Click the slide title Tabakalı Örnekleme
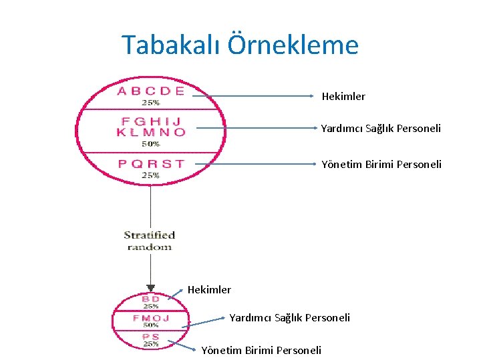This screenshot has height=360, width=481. click(x=240, y=45)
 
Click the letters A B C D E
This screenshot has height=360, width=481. click(x=151, y=91)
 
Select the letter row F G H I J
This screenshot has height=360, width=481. click(x=151, y=122)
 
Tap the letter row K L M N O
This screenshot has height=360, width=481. click(x=151, y=132)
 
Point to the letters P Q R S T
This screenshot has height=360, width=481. click(x=151, y=164)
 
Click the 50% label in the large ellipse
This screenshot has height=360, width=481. click(x=150, y=143)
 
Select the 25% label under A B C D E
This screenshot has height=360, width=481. click(x=150, y=103)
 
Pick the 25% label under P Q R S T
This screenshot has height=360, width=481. click(x=150, y=175)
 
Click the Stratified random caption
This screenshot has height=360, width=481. click(x=150, y=240)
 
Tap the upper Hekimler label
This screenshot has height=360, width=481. click(x=343, y=97)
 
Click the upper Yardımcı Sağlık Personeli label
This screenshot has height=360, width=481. click(x=381, y=129)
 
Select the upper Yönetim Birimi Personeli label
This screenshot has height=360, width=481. click(x=381, y=164)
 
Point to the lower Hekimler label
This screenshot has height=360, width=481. click(x=209, y=289)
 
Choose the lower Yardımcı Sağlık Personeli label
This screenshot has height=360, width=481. click(x=289, y=318)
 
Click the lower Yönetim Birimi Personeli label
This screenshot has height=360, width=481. click(x=261, y=350)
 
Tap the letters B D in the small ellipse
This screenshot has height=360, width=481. click(x=151, y=299)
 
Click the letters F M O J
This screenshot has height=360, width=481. click(x=151, y=318)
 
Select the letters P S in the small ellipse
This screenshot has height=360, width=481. click(x=151, y=337)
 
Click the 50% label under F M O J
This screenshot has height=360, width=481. click(x=151, y=325)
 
